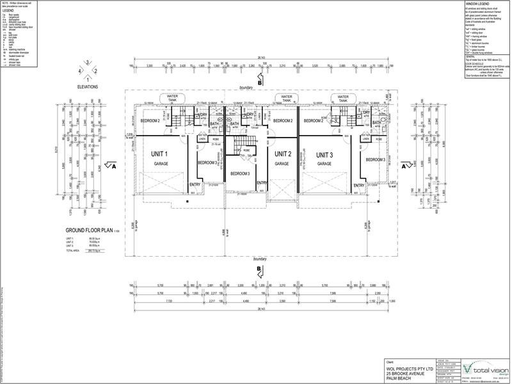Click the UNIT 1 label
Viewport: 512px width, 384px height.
[x=159, y=155]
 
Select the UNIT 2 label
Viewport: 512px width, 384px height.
[x=284, y=155]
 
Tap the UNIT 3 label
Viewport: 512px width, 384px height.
[x=324, y=155]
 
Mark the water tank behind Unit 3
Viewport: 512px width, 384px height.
[x=343, y=98]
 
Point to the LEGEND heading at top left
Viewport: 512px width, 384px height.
[x=8, y=10]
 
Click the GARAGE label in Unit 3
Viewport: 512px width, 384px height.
[x=324, y=164]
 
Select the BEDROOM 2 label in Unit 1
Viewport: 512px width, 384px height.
[x=151, y=121]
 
